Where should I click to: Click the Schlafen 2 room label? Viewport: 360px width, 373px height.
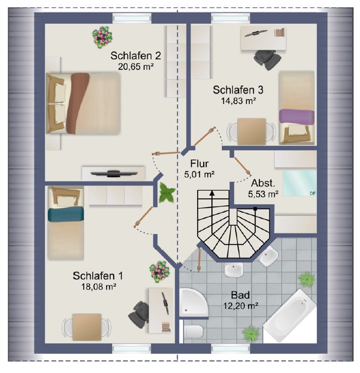[136, 55]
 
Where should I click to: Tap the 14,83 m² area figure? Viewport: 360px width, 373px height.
[238, 101]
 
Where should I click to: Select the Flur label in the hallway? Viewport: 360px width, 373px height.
[200, 164]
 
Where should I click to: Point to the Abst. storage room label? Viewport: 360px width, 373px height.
[263, 183]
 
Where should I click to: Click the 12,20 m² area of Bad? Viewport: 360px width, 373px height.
[241, 305]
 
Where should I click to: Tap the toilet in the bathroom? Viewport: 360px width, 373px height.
[194, 331]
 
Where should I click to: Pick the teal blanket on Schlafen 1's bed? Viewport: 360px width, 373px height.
[66, 214]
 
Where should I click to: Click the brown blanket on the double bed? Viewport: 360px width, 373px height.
[77, 103]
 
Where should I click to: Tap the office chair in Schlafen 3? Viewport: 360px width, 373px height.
[266, 59]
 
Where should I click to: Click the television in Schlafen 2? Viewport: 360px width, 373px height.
[114, 173]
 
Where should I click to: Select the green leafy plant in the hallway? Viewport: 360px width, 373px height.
[167, 193]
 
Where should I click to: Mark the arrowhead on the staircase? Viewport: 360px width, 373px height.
[212, 193]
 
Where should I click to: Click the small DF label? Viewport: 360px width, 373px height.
[312, 193]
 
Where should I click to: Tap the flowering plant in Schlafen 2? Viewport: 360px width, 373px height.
[102, 37]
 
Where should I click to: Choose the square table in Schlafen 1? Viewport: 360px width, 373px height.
[87, 327]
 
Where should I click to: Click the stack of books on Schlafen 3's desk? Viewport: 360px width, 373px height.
[280, 33]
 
